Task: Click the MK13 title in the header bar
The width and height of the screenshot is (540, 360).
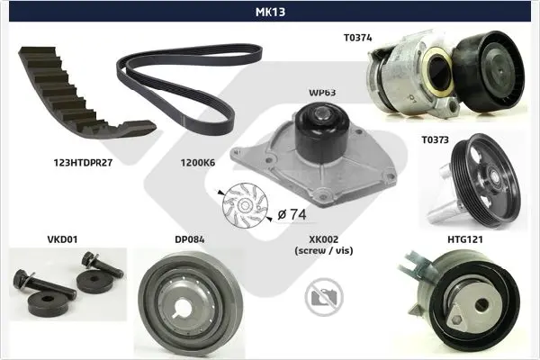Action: [270, 12]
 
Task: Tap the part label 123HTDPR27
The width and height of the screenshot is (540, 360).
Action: [83, 163]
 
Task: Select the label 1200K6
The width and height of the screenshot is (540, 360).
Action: [198, 163]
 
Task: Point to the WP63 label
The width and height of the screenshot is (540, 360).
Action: [322, 93]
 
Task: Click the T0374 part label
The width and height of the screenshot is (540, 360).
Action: [358, 38]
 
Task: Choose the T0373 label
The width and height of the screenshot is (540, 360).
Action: [436, 139]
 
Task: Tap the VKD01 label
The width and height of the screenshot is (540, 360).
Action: [62, 239]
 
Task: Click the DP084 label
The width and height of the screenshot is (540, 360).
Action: [189, 239]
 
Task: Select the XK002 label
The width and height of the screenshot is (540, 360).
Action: [324, 239]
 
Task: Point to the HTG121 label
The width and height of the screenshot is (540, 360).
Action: [465, 239]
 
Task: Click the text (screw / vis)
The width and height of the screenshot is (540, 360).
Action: [324, 250]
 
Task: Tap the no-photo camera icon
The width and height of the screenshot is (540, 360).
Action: [324, 297]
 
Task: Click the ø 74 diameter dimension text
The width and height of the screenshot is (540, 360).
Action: [292, 214]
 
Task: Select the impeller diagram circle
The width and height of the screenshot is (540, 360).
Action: [245, 206]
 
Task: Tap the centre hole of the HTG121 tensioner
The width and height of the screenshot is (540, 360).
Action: [481, 304]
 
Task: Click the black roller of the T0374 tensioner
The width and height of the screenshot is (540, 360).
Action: [489, 71]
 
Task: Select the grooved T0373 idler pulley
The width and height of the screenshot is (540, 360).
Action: [486, 180]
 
